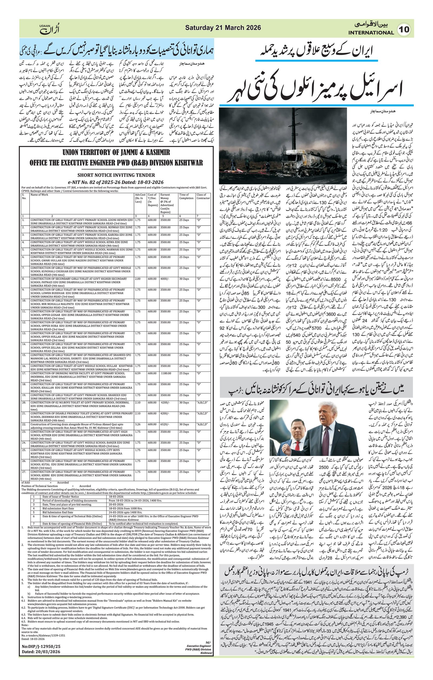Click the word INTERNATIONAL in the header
coord(371,33)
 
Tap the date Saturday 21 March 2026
coord(223,28)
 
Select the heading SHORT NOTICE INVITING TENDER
coord(116,175)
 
